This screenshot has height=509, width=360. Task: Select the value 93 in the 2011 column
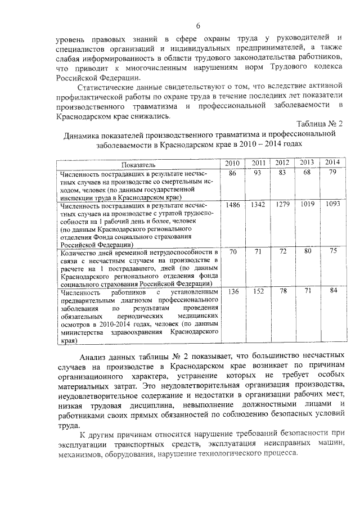pyautogui.click(x=258, y=173)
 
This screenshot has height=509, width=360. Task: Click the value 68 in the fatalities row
pyautogui.click(x=307, y=172)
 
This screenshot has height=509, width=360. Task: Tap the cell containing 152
pyautogui.click(x=258, y=291)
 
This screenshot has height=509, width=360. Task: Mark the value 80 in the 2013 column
pyautogui.click(x=307, y=251)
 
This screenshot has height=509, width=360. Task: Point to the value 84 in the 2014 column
pyautogui.click(x=333, y=290)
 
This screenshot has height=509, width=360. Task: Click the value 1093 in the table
pyautogui.click(x=333, y=204)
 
